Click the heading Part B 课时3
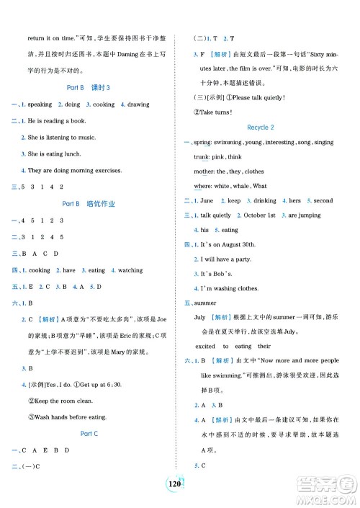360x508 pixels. coord(89,87)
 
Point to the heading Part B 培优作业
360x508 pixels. coord(89,204)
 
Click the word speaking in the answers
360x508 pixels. coord(40,104)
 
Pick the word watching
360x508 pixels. coord(130,270)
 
